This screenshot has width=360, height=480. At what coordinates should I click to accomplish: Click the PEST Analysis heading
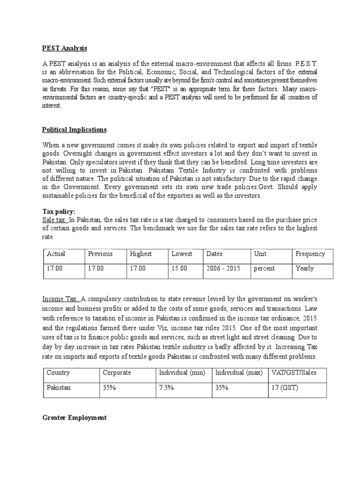(65, 48)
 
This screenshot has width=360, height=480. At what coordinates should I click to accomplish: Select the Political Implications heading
(75, 129)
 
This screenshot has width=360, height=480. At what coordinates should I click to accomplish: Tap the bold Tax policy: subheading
(59, 211)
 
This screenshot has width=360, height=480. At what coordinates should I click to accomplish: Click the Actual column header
(56, 254)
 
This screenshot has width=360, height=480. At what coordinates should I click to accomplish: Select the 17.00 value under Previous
(97, 269)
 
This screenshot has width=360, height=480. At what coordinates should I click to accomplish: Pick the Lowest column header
(182, 254)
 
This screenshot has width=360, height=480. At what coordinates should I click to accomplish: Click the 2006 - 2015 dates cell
(223, 269)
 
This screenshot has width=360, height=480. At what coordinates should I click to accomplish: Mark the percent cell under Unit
(264, 269)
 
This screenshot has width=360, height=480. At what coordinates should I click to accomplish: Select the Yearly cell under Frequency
(305, 269)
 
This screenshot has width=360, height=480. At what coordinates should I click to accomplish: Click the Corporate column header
(117, 373)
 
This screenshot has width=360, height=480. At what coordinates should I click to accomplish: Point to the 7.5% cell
(167, 388)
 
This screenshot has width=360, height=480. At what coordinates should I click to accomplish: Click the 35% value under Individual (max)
(222, 388)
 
